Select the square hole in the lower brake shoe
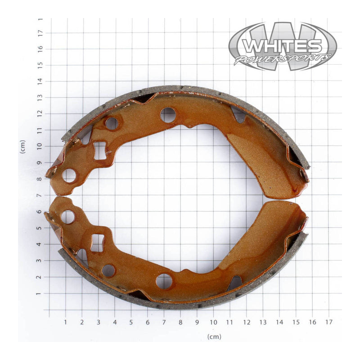(97, 243)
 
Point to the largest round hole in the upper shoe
(168, 115)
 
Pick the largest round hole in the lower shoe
(164, 281)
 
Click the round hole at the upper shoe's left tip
(69, 175)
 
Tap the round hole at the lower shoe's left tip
(68, 217)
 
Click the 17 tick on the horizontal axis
(329, 322)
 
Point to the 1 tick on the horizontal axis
(65, 322)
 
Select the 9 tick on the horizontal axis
(197, 322)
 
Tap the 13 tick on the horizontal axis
(263, 322)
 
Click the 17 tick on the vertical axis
(40, 32)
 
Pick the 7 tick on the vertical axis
(40, 195)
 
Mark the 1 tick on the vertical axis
(40, 293)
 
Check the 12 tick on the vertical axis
(40, 114)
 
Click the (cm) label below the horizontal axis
(214, 336)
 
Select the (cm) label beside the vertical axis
(22, 147)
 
